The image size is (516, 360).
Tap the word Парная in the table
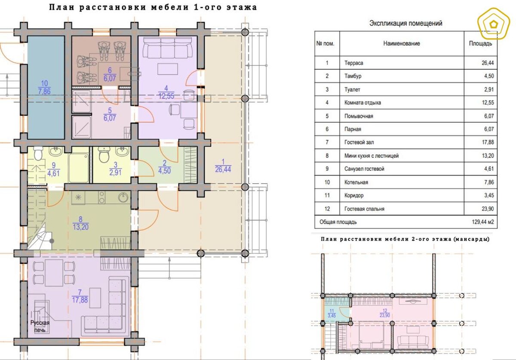(x=353, y=129)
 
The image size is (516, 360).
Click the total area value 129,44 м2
(x=482, y=222)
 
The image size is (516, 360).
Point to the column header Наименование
(x=402, y=43)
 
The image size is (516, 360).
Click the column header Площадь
(x=481, y=43)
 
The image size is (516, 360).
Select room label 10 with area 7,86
(x=44, y=88)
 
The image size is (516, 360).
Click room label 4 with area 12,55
(x=166, y=92)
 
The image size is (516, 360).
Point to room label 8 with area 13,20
(x=81, y=223)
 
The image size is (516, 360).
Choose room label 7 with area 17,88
(x=80, y=296)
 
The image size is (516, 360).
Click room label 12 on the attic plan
(x=385, y=313)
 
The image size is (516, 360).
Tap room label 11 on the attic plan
(x=332, y=314)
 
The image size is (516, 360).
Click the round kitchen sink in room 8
(x=124, y=197)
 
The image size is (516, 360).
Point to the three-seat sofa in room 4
(x=167, y=48)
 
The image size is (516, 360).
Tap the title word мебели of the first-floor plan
(x=170, y=7)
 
